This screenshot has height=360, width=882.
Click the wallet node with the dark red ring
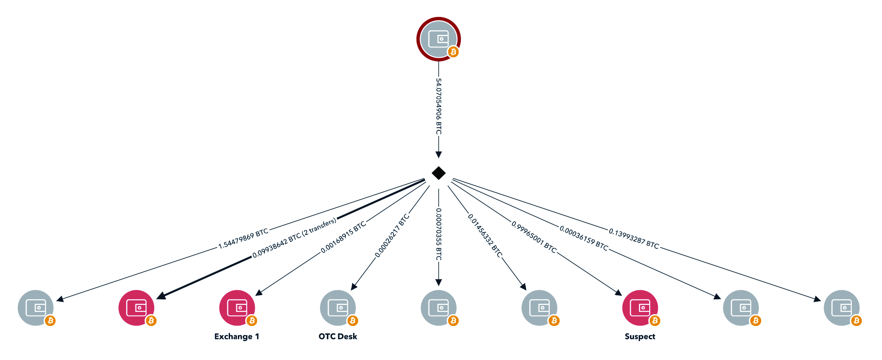coord(438,39)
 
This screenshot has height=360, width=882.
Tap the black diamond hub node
coord(438,173)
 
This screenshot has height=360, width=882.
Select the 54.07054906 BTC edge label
coord(438,107)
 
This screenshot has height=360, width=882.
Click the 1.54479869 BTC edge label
coord(243,239)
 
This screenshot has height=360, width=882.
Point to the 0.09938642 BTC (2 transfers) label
coord(294,238)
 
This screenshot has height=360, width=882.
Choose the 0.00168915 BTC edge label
coord(343,237)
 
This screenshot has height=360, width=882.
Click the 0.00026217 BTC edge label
coord(392,236)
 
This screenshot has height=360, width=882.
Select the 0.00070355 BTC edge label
coord(438,234)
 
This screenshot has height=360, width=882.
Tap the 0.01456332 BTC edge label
coord(485,235)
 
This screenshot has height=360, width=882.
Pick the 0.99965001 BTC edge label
coord(534,237)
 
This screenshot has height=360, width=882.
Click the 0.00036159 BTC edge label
coord(584,238)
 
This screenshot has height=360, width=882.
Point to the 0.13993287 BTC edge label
coord(634,238)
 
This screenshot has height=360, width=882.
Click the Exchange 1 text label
coord(237,337)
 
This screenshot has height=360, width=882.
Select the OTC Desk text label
coord(338,337)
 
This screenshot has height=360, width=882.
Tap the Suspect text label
coord(640,337)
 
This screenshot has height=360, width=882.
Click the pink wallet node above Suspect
coord(640,308)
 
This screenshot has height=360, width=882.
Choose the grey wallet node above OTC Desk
coord(338,308)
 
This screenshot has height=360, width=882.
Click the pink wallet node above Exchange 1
coord(237,308)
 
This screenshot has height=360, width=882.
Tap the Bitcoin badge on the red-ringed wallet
coord(453,52)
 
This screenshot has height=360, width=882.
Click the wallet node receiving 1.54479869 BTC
coord(36,308)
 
